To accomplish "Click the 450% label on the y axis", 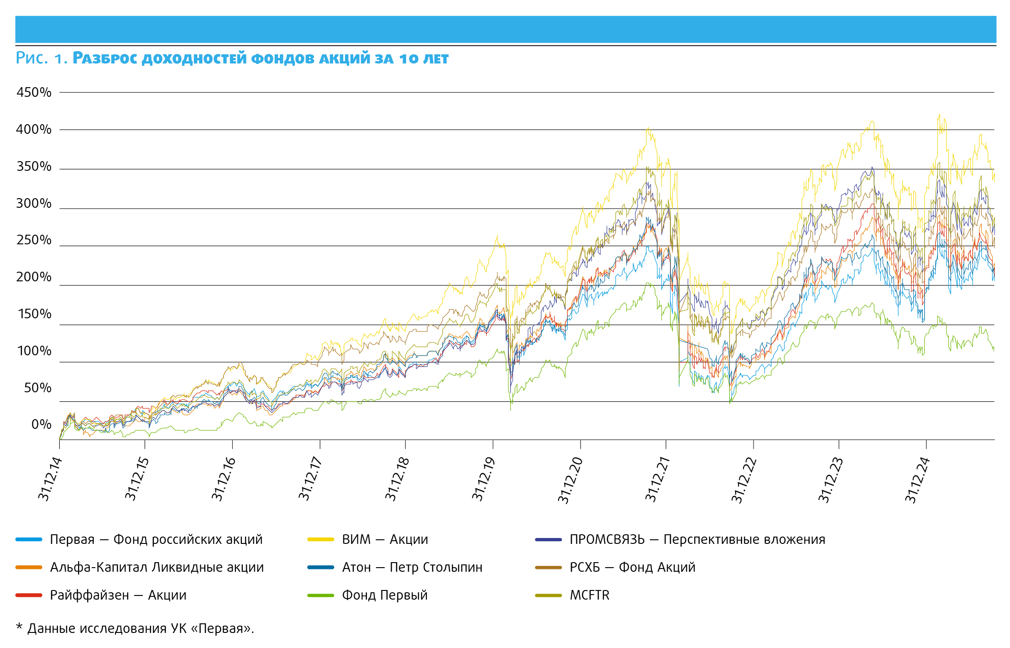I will point(34,92).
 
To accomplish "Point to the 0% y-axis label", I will point(41,425).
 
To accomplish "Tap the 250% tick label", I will point(34,240).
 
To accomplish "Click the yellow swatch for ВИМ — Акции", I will point(320,540).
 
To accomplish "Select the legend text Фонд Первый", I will point(385,595).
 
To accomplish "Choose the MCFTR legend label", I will point(589,595).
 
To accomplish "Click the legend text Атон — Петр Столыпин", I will point(412,568).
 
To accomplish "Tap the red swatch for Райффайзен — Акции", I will point(29,595).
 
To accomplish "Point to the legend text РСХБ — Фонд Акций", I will point(632,568).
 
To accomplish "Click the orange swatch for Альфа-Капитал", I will point(29,568).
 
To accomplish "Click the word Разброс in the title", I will point(106,58).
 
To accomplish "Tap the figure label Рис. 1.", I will point(42,58).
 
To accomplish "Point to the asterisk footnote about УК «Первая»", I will point(135,629).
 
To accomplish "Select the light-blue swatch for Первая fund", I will point(29,540).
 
